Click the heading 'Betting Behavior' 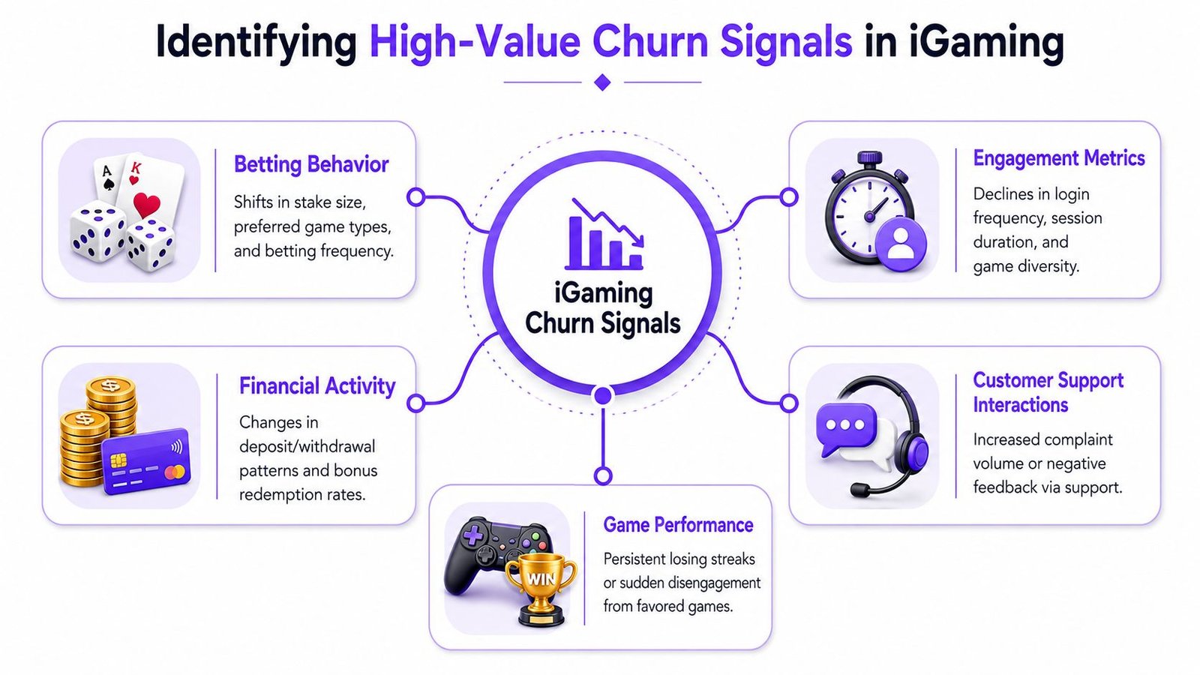(x=311, y=164)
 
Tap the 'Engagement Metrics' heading (x=1059, y=158)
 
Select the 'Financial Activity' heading (x=317, y=385)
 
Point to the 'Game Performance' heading (x=678, y=525)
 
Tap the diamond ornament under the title (x=603, y=82)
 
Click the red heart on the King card (x=147, y=204)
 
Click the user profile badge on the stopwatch (x=901, y=244)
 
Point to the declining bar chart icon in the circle (x=604, y=234)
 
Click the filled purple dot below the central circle (x=603, y=396)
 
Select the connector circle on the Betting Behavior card (x=415, y=197)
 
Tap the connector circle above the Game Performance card (x=603, y=475)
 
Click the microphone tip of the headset (x=859, y=490)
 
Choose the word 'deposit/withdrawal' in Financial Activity (x=307, y=447)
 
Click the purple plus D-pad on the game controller (x=473, y=534)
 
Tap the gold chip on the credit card (x=118, y=460)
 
